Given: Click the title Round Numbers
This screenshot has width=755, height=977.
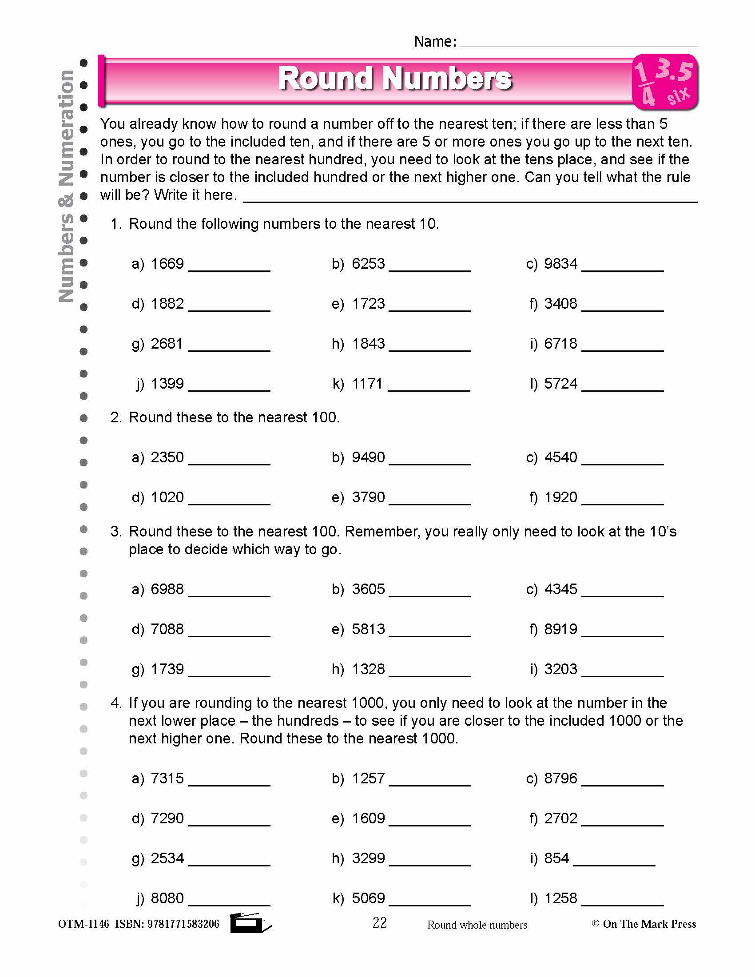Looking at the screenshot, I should click(x=394, y=78).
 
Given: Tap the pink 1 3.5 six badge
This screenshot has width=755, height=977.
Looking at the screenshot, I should click(x=665, y=82).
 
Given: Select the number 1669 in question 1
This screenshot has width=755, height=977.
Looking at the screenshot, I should click(x=167, y=263).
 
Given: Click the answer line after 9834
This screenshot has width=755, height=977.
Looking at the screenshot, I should click(x=622, y=268).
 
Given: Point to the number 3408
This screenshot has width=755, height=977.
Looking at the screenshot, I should click(x=560, y=304).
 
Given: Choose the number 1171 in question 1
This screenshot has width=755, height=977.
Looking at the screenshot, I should click(x=367, y=384).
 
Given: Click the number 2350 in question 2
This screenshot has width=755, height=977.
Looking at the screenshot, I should click(x=167, y=457).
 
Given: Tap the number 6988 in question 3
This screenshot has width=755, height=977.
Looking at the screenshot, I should click(x=167, y=589).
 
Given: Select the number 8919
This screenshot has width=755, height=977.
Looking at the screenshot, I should click(x=560, y=629).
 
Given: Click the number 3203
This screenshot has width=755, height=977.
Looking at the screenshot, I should click(x=560, y=669).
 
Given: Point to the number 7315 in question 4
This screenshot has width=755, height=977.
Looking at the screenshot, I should click(x=167, y=778).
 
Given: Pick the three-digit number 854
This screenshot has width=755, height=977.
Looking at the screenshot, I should click(x=556, y=858).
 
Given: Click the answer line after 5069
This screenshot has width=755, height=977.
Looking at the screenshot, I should click(x=429, y=903).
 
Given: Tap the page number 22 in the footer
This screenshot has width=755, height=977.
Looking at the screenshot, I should click(x=379, y=922).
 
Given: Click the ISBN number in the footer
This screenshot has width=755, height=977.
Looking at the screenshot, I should click(x=183, y=924).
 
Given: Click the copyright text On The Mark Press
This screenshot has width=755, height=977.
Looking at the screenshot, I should click(x=648, y=924).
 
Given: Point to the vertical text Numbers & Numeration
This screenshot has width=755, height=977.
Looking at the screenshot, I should click(x=66, y=186).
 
